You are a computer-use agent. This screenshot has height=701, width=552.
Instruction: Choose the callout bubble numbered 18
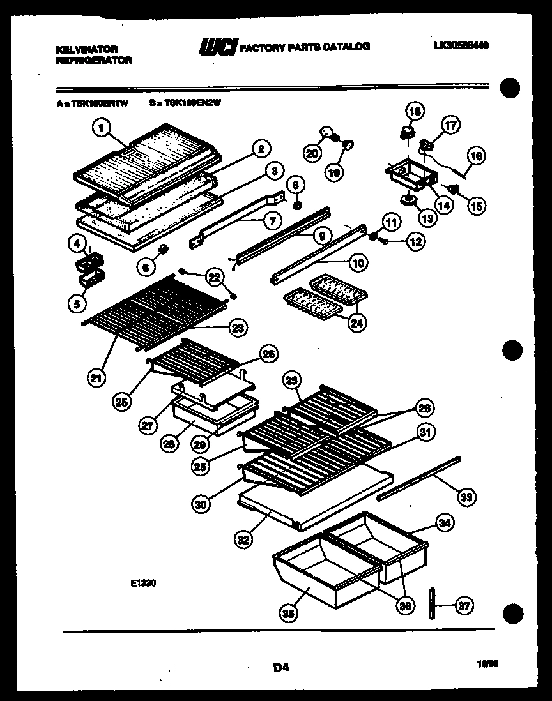[x=415, y=112]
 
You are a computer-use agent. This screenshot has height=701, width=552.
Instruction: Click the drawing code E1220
[x=144, y=582]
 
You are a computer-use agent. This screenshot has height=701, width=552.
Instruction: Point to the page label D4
[x=281, y=668]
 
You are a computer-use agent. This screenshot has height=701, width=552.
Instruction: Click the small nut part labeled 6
[x=162, y=248]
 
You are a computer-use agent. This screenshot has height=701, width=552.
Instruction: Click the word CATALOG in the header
[x=349, y=47]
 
